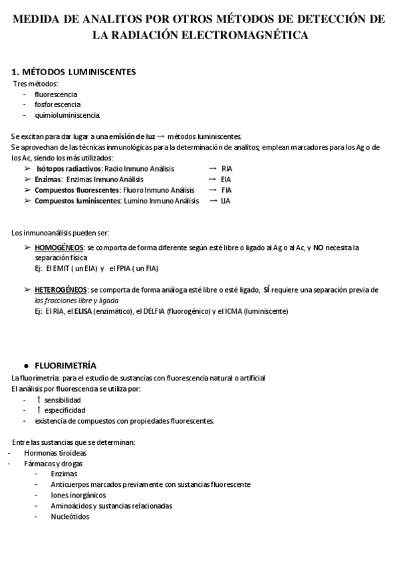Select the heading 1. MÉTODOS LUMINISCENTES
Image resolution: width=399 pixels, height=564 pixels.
(x=74, y=71)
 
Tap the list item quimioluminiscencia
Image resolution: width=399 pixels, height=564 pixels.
(x=68, y=115)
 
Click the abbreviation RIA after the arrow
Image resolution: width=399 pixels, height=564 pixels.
(x=227, y=169)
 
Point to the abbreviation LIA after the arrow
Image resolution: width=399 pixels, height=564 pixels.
(x=225, y=201)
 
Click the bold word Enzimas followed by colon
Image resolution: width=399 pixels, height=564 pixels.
(x=49, y=180)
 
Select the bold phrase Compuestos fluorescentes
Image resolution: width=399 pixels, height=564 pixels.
(x=72, y=190)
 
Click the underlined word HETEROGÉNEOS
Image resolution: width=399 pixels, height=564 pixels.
(x=61, y=290)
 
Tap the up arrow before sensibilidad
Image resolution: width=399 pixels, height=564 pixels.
(x=39, y=400)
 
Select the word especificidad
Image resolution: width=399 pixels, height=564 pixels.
(x=65, y=410)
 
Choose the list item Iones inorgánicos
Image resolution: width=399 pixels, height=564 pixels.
(x=78, y=495)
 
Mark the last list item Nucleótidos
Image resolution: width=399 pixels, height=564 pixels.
(x=69, y=517)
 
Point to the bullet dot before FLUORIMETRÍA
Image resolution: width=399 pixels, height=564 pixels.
(x=25, y=366)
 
